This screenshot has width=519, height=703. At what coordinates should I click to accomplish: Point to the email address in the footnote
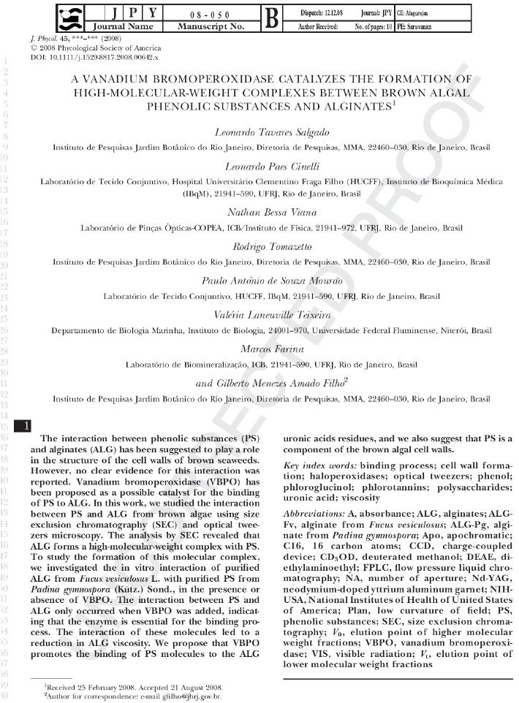pos(180,696)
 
